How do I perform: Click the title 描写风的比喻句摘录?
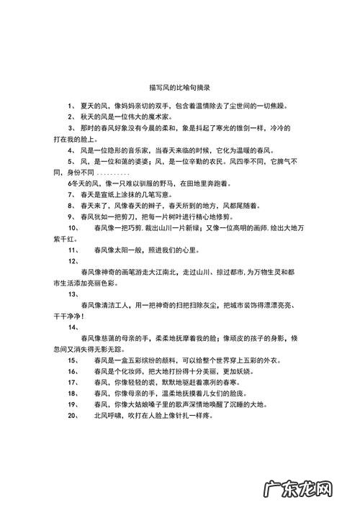179,88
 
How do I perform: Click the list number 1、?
72,105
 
